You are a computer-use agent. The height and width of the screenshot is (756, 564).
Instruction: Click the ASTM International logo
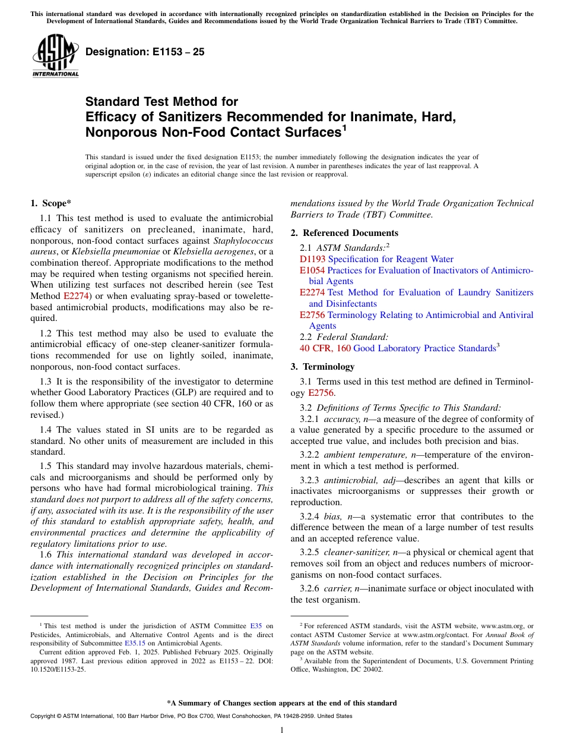[x=55, y=56]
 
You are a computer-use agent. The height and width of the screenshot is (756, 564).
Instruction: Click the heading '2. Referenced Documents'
[x=344, y=233]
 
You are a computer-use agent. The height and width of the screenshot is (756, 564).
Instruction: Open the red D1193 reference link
[x=312, y=259]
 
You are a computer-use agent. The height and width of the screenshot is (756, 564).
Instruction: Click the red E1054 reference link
[x=312, y=270]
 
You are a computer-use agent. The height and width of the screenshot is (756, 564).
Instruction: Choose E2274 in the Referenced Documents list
[x=312, y=292]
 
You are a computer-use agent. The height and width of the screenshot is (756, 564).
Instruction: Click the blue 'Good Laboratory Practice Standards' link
[x=424, y=348]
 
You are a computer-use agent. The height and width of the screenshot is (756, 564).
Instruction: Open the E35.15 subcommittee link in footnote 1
[x=134, y=642]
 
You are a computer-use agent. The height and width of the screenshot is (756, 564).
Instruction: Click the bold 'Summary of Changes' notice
[x=282, y=703]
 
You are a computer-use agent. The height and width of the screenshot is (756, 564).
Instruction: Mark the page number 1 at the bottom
[x=282, y=730]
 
